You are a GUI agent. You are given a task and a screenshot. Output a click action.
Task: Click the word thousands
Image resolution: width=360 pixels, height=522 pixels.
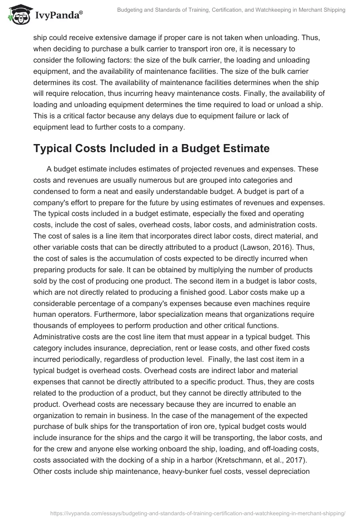tap(53, 325)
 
